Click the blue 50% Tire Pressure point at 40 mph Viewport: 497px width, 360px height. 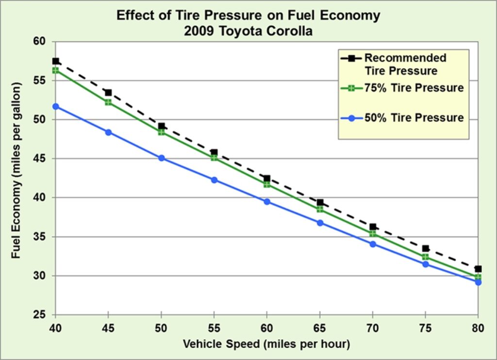coord(55,106)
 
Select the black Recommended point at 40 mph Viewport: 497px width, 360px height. coord(55,61)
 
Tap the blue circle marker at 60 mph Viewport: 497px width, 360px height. coord(266,201)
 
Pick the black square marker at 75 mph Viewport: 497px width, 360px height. coord(426,248)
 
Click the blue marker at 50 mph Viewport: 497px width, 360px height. coord(161,158)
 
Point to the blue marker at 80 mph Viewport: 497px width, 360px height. coord(478,282)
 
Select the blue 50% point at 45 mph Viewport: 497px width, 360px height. coord(108,132)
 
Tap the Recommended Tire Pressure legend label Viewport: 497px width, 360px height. coord(405,65)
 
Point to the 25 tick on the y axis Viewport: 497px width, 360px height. coord(39,315)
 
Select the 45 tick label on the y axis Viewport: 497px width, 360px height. coord(39,159)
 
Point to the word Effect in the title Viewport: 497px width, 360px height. coord(133,16)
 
